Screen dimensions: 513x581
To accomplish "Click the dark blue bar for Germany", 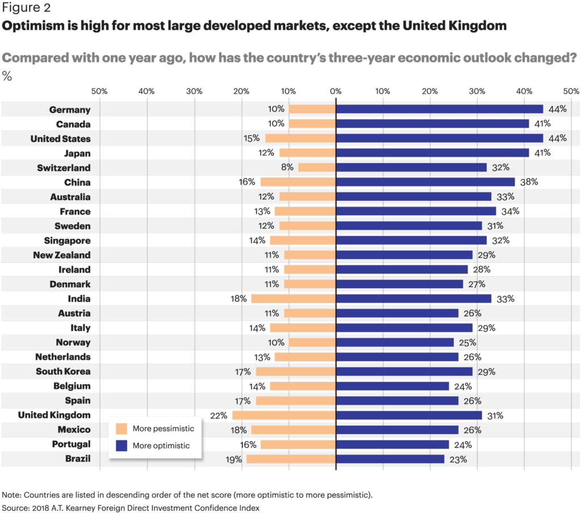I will (x=439, y=109).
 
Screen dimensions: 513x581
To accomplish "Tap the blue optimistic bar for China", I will (x=425, y=182).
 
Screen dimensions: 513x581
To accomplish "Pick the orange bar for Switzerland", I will (x=317, y=167).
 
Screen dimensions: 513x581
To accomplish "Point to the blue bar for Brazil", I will (x=390, y=459).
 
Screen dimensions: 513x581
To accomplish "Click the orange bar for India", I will (x=293, y=298).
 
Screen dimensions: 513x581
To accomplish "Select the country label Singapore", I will (x=68, y=241).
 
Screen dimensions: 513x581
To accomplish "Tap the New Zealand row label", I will (x=61, y=255).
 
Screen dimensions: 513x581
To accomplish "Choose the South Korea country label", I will (x=63, y=371).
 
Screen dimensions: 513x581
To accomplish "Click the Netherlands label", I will (x=62, y=357).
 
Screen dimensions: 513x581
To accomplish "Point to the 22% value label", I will (x=220, y=415).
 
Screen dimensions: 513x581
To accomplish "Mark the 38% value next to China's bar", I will (x=529, y=182).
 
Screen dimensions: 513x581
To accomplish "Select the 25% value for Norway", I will (x=468, y=342).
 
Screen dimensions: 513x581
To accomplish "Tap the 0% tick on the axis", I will (x=335, y=91).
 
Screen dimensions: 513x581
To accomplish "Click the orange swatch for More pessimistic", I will (x=121, y=428).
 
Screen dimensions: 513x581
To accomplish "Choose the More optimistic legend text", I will (x=161, y=445).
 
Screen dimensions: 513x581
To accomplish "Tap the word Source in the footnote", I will (x=15, y=507).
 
